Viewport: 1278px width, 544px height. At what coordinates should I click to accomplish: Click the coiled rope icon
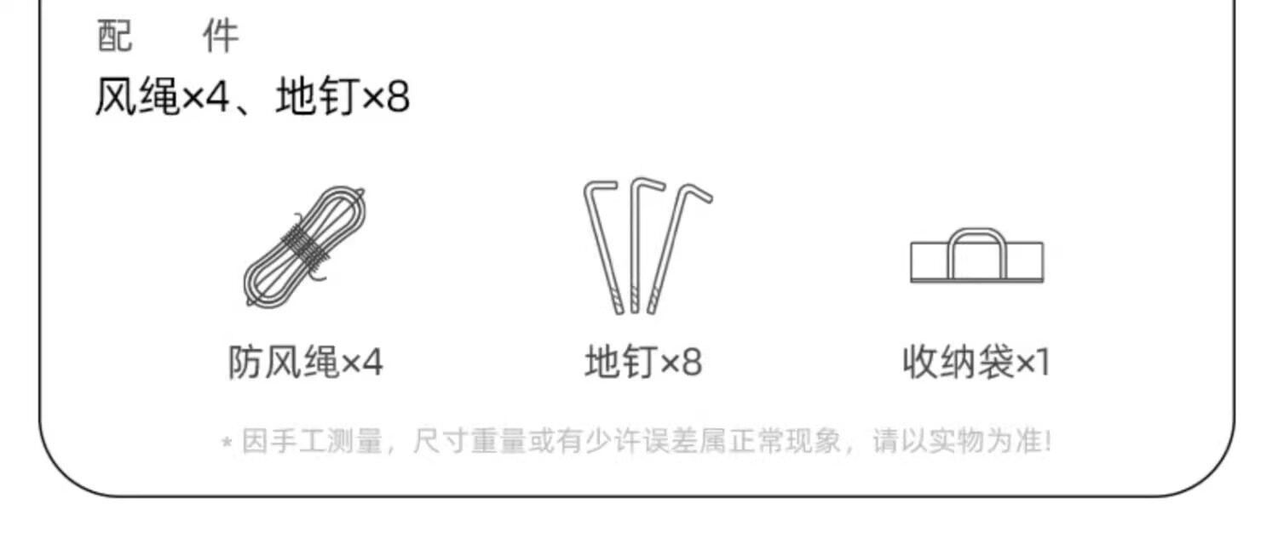tap(305, 246)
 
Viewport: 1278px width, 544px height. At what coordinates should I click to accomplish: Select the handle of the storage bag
tap(976, 239)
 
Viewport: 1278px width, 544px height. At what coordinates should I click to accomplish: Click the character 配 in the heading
tap(115, 37)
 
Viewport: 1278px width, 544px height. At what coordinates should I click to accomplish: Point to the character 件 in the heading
tap(220, 37)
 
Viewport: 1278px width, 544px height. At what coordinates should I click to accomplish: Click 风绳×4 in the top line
tap(162, 99)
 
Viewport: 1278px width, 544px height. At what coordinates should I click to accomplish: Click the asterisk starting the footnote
tap(227, 444)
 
